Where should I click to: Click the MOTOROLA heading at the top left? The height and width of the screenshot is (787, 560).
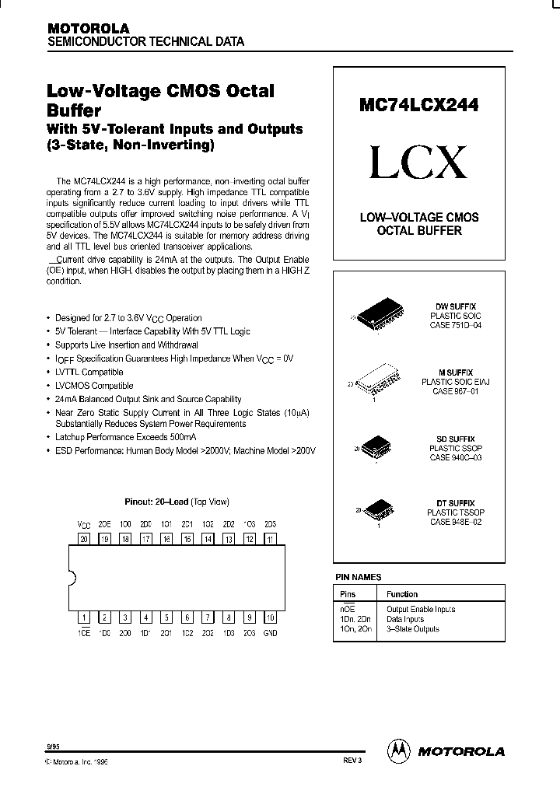89,27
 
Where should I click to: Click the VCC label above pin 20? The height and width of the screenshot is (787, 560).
83,525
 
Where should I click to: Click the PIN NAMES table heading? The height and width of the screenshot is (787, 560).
358,577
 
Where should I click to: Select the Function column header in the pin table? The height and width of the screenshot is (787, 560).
402,594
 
